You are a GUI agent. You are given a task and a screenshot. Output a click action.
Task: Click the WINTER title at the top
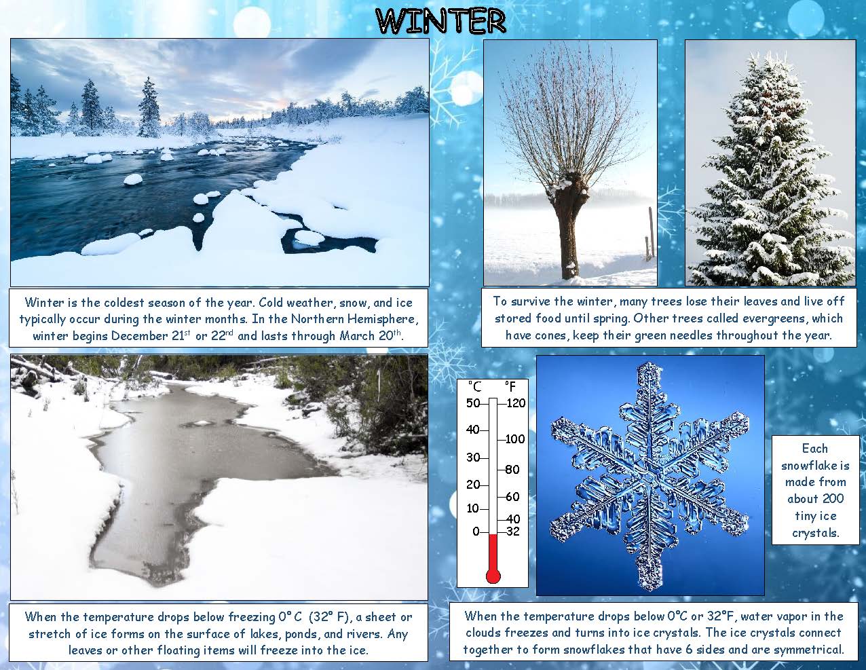441,21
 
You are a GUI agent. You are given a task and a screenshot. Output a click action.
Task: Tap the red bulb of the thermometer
493,576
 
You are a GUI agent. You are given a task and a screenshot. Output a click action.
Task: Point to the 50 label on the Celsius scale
473,403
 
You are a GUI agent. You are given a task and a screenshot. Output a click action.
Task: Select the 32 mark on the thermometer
513,532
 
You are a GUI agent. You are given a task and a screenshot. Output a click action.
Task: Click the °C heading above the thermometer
474,386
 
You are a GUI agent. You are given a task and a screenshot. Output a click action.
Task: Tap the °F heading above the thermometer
510,386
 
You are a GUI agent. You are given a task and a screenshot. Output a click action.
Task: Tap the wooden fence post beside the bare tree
651,232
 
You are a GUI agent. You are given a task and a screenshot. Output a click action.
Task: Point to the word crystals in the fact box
815,533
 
